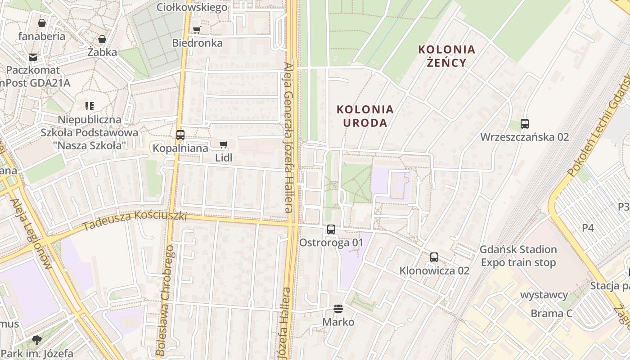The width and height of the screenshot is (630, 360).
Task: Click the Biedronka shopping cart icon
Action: tap(197, 30)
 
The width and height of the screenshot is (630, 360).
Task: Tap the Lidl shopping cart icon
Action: tap(223, 144)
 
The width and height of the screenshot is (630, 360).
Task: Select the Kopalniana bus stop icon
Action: tap(180, 135)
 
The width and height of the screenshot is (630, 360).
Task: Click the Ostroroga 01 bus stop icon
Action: tap(331, 229)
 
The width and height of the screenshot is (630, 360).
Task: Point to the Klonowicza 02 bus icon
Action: tap(434, 257)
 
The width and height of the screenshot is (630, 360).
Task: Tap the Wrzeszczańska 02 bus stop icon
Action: tap(525, 123)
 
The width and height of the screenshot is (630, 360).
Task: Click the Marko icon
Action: tap(338, 309)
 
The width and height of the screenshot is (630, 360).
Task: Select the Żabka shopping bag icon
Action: tap(102, 39)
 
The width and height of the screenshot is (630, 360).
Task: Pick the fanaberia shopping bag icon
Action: tap(42, 23)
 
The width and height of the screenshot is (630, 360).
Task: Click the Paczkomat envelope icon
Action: tap(33, 57)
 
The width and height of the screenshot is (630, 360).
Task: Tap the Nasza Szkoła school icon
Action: tap(89, 106)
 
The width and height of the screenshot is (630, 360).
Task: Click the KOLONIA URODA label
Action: tap(365, 116)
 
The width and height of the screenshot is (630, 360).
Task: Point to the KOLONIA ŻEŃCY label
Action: tap(446, 56)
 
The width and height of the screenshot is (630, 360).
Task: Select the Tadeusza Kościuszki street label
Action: tap(135, 220)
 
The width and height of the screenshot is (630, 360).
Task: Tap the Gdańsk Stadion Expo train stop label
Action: tap(518, 256)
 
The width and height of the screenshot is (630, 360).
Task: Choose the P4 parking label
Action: tap(588, 228)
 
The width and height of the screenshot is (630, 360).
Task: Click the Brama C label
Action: tap(551, 313)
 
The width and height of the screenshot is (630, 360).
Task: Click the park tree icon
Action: tap(37, 340)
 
